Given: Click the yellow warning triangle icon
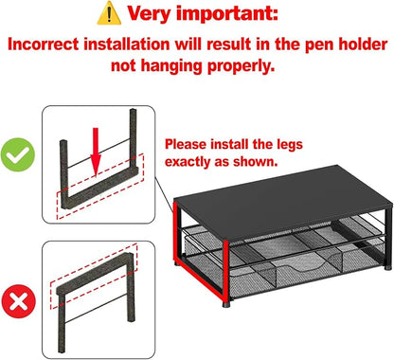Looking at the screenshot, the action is tap(109, 14).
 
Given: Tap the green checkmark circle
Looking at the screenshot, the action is tap(18, 154).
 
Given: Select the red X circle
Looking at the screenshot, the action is tap(19, 301).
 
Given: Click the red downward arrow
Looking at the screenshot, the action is tap(96, 152).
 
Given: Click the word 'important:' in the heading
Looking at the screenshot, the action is tap(227, 13).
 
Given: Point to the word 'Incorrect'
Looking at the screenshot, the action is tap(43, 44).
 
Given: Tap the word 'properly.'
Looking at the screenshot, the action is tap(241, 66).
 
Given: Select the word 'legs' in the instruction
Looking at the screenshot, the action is tap(290, 144).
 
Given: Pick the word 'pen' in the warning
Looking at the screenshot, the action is tap(320, 45).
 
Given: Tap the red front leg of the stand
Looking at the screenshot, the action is tap(225, 269).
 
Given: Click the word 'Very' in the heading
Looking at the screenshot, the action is tap(150, 13).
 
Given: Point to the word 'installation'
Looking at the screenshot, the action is tap(127, 44).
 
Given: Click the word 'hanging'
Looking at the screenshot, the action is tap(170, 66).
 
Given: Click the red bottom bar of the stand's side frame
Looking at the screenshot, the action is tap(200, 279).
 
